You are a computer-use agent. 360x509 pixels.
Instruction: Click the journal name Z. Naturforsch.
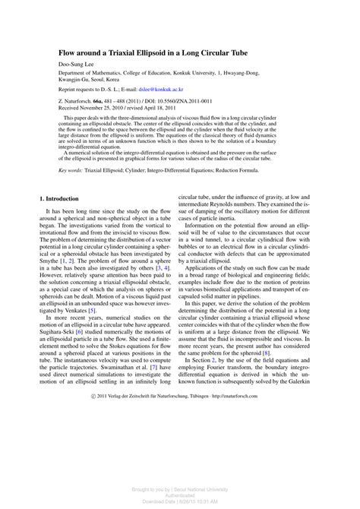(x=79, y=101)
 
